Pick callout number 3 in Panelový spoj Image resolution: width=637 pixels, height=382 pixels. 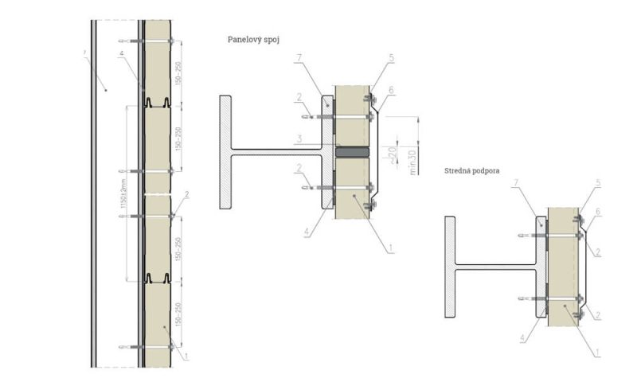[298, 139]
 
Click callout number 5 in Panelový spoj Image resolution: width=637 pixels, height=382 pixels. [392, 58]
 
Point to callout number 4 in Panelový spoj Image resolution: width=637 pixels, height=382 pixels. [307, 234]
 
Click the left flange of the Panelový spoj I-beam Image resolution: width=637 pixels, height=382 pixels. [225, 152]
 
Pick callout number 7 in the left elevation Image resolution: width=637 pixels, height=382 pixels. [84, 54]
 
